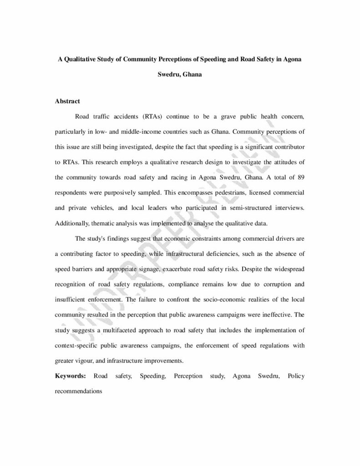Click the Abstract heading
[67, 101]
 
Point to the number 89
[299, 177]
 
